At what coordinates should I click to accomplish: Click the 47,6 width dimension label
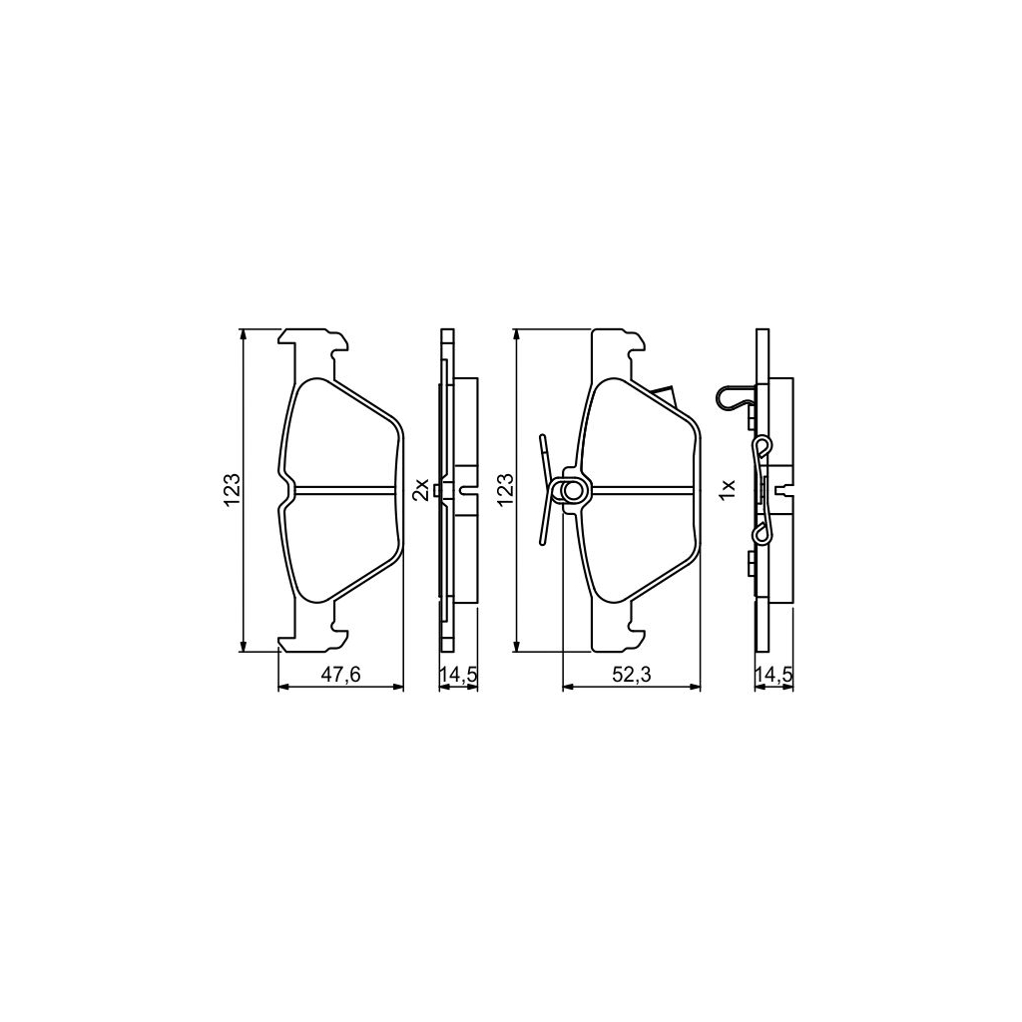coord(339,675)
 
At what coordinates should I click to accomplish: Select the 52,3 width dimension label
coord(631,675)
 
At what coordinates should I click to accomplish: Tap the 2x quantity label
coord(421,489)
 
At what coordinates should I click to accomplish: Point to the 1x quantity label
coord(728,489)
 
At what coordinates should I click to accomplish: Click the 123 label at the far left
coord(232,489)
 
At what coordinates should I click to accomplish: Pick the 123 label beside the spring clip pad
coord(505,489)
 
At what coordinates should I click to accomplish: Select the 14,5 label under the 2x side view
coord(458,675)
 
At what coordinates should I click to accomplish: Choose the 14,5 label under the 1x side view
coord(772,675)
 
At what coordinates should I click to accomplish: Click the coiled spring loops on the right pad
coord(572,490)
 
